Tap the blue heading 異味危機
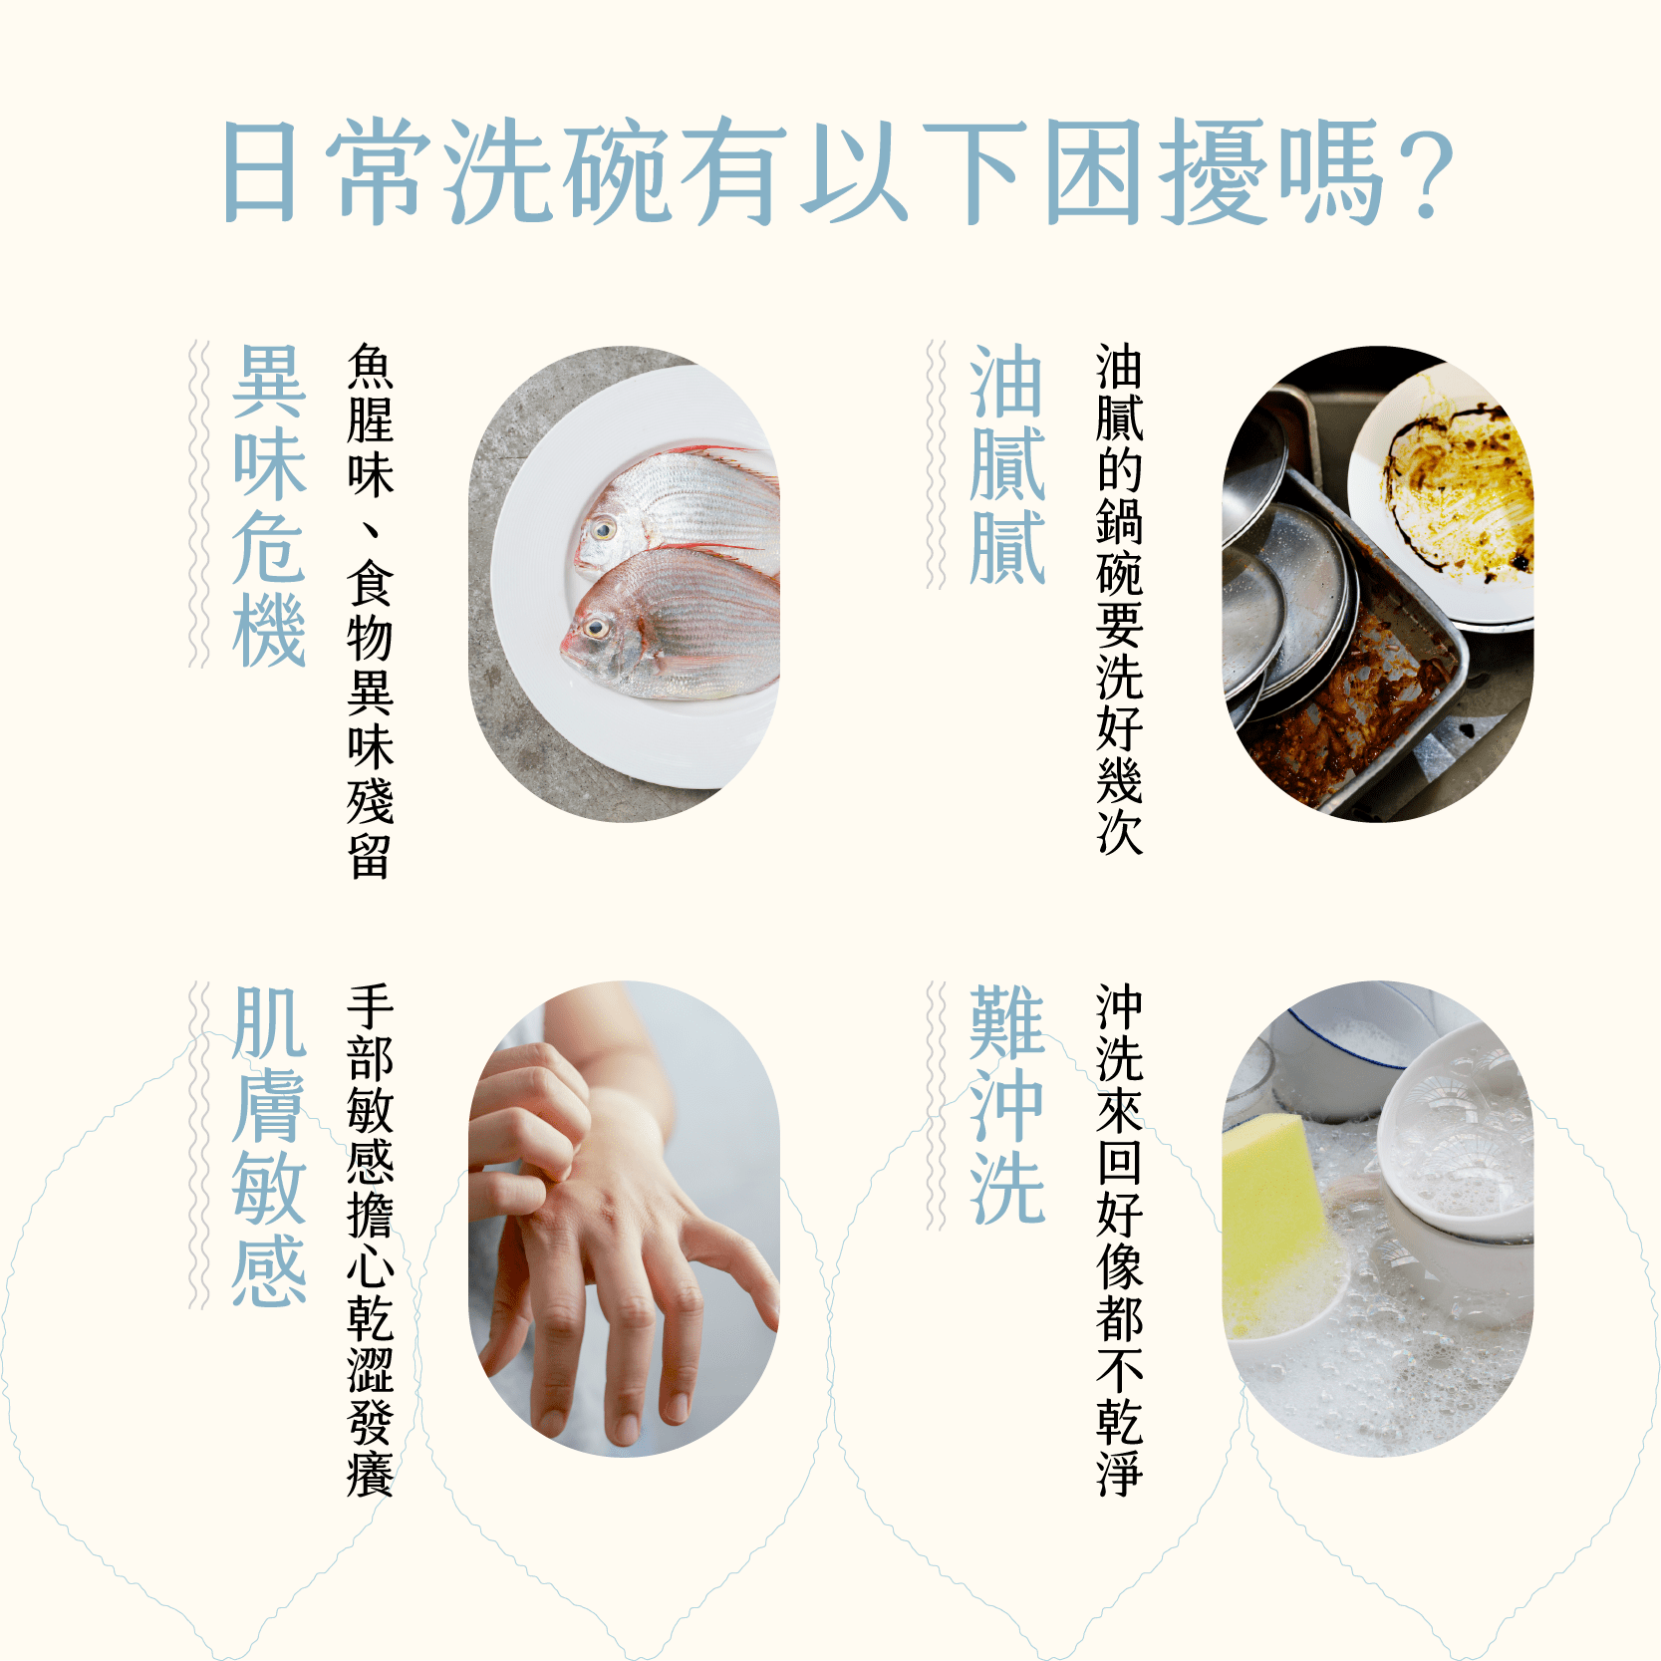coord(269,505)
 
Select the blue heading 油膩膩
coord(1007,464)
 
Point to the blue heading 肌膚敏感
coord(269,1146)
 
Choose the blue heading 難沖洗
coord(1007,1104)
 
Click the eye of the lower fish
coord(596,628)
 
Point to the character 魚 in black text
coord(370,367)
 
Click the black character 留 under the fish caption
coord(370,855)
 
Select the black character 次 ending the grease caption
coord(1119,831)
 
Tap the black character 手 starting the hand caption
coord(370,1006)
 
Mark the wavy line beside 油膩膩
coord(936,464)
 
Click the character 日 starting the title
coord(260,171)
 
